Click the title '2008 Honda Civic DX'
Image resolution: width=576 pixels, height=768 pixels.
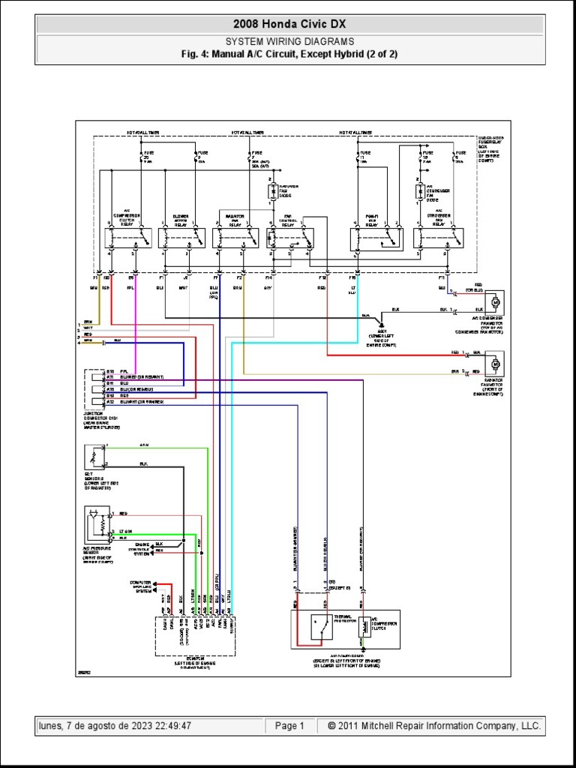pyautogui.click(x=289, y=25)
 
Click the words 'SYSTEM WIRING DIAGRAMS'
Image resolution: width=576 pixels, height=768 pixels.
pyautogui.click(x=289, y=42)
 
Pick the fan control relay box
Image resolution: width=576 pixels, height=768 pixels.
pyautogui.click(x=293, y=239)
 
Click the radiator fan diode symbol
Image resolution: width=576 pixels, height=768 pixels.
pyautogui.click(x=273, y=193)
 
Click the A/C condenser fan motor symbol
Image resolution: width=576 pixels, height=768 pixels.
pyautogui.click(x=494, y=302)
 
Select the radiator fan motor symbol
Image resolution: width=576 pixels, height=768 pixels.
pyautogui.click(x=494, y=364)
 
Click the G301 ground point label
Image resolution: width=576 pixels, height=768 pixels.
pyautogui.click(x=382, y=331)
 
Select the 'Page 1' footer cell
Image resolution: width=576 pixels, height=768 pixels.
pyautogui.click(x=289, y=726)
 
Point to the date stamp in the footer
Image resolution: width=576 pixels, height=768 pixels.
pyautogui.click(x=114, y=726)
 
